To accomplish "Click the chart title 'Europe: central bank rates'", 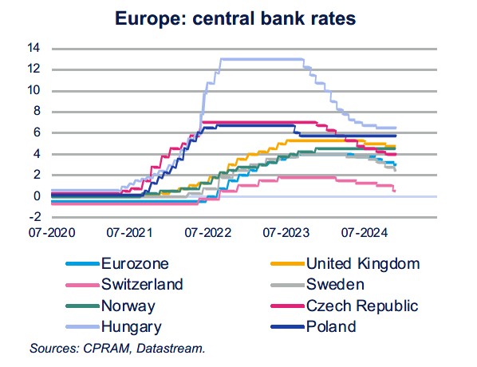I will click(238, 16).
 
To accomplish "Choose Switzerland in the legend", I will click(142, 284).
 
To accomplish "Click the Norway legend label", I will click(128, 306).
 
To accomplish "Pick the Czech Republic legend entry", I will click(362, 306).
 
